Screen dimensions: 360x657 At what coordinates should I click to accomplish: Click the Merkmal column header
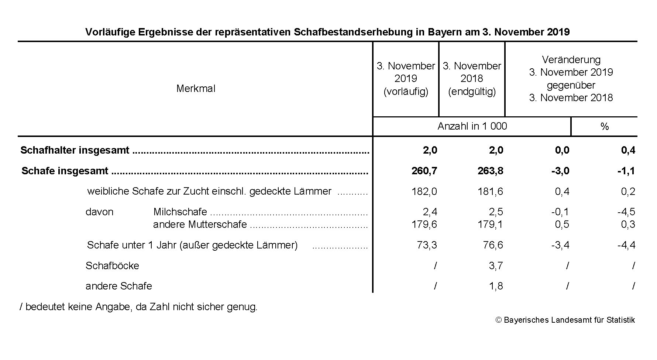coord(196,89)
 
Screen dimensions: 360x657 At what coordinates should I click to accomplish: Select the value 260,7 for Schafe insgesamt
coord(424,171)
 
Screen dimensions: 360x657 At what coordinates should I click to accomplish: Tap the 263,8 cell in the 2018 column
coord(490,171)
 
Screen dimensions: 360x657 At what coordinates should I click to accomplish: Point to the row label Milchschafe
coord(180,212)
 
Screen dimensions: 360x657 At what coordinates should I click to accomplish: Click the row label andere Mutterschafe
coord(200,224)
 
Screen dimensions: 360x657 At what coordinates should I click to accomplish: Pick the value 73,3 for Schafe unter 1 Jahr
coord(427,245)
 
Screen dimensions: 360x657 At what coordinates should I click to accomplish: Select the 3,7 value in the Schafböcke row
coord(496,266)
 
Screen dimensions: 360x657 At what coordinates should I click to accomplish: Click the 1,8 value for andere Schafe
coord(496,286)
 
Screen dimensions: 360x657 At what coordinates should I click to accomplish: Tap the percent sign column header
coord(604,127)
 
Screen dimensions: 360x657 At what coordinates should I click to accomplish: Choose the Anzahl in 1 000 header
coord(472,126)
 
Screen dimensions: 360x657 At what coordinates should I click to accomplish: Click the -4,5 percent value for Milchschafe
coord(626,212)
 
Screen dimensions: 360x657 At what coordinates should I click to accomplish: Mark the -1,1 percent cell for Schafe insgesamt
coord(626,171)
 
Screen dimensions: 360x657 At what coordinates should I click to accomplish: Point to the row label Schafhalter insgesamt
coord(75,150)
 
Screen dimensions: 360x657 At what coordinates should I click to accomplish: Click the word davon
coord(99,212)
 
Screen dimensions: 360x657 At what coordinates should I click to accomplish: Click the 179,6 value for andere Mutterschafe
coord(424,224)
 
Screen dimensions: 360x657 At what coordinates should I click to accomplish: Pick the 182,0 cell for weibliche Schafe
coord(424,192)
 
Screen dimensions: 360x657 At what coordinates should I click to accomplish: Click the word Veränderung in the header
coord(571,60)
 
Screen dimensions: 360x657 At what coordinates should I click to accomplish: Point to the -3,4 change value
coord(560,245)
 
